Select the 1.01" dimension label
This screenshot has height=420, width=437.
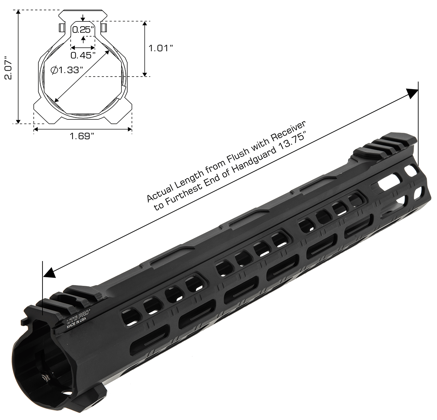tap(161, 48)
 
